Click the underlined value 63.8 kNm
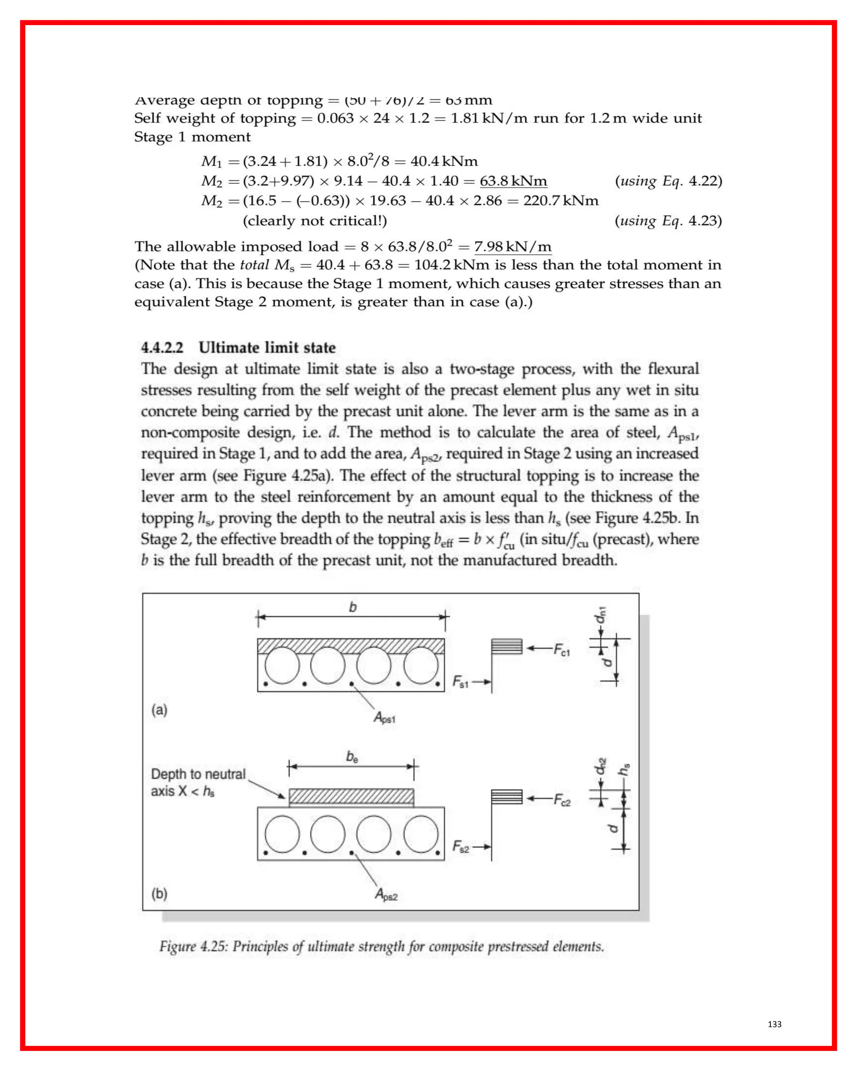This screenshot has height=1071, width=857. (513, 181)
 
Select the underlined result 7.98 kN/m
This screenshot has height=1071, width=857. (513, 246)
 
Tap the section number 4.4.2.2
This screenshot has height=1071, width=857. (162, 347)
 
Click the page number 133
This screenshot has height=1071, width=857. (774, 1024)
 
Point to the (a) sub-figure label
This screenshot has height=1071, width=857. (159, 710)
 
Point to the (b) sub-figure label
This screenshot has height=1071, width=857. (159, 894)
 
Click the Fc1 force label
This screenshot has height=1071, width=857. (562, 650)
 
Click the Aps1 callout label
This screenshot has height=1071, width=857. (385, 718)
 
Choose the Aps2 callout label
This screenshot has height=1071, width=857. (386, 894)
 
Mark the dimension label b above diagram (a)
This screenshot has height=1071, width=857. (353, 607)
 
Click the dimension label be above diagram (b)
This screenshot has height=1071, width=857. (352, 757)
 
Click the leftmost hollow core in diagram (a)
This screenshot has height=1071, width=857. (282, 665)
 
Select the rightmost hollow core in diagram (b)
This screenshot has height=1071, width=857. (421, 833)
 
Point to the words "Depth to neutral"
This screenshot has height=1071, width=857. (198, 774)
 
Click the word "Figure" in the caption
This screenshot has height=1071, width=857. (177, 946)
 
